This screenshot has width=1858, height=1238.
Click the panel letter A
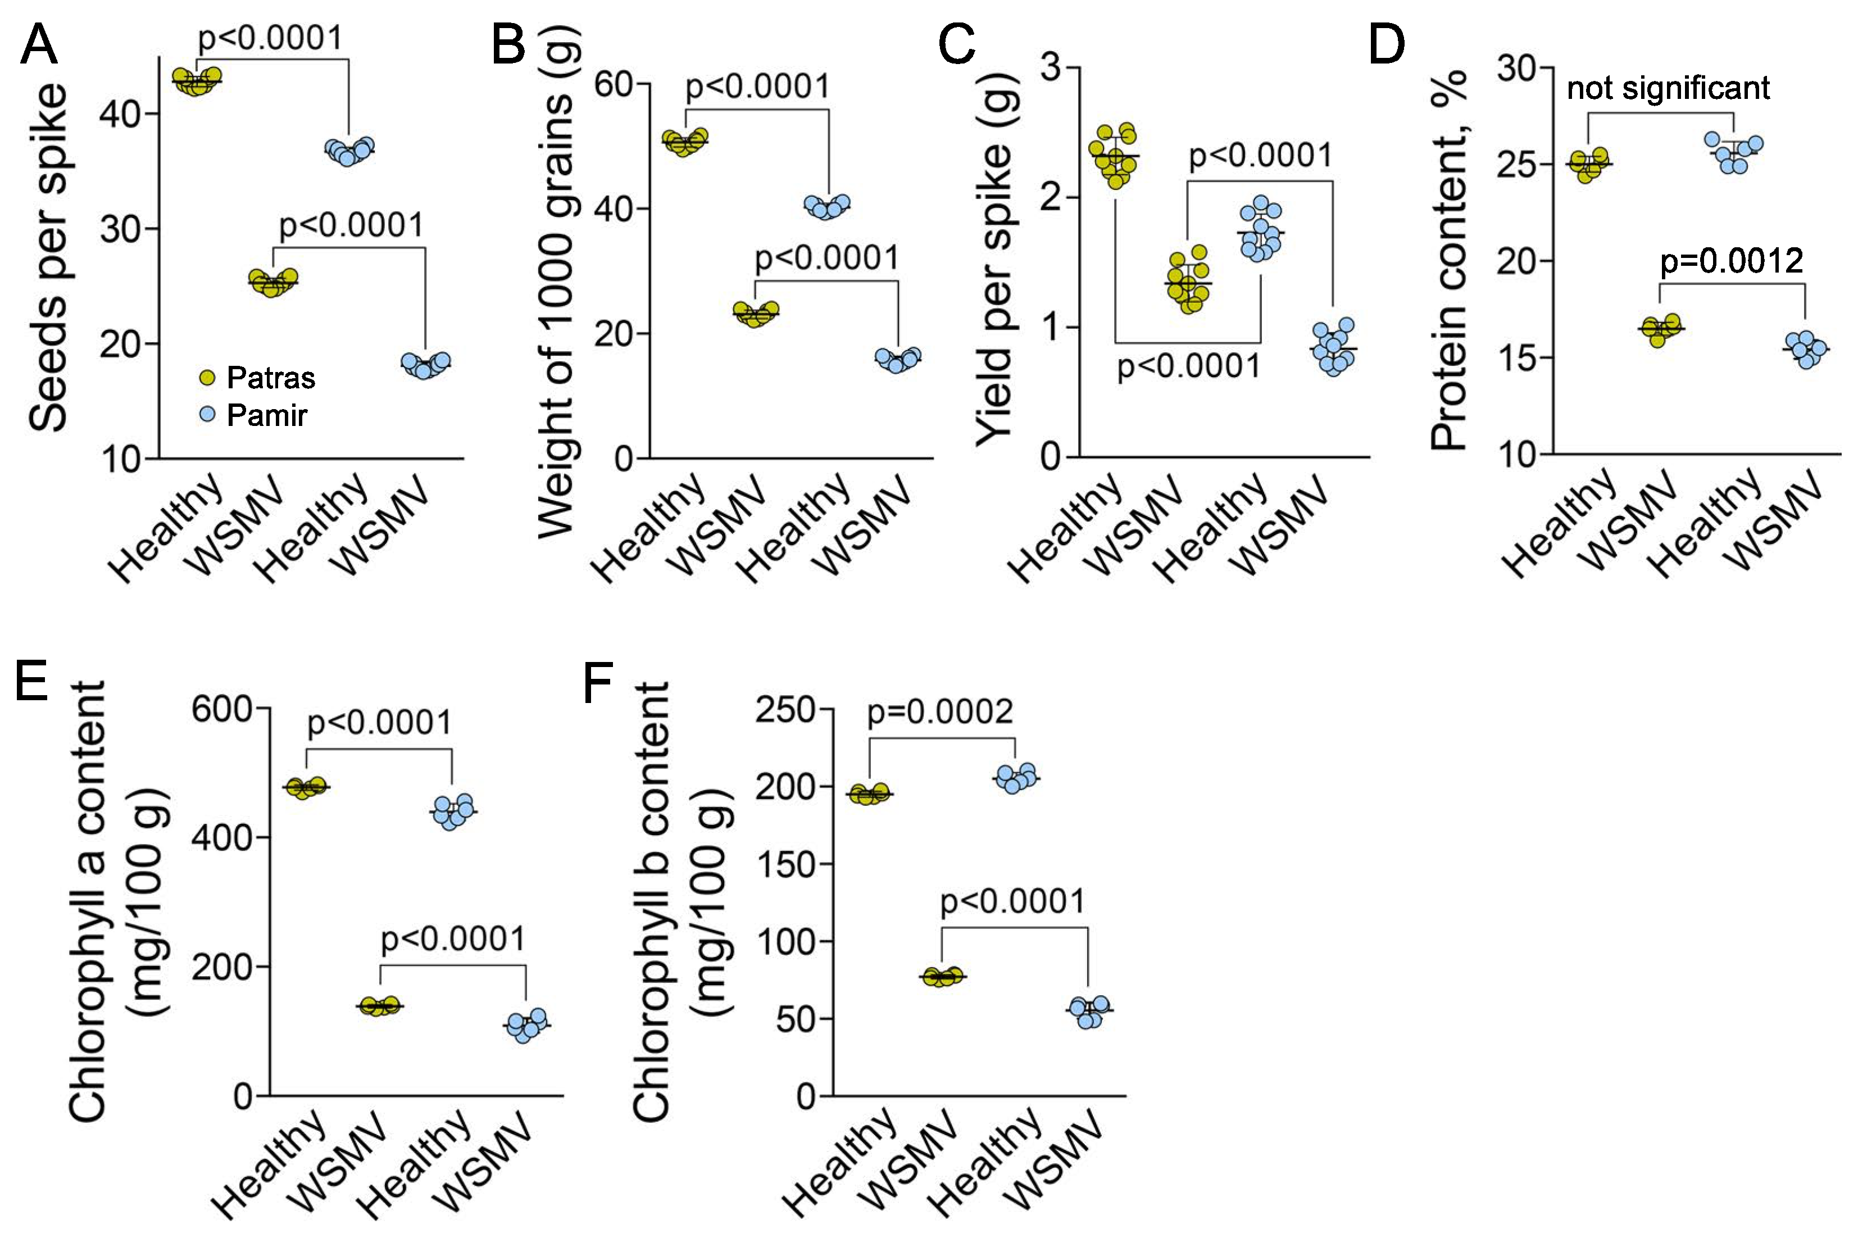[39, 45]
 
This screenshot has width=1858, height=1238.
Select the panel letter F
[597, 684]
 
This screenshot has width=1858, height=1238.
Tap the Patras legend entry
[257, 378]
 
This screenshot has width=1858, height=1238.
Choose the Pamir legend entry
[253, 415]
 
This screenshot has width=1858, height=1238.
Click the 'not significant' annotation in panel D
[1668, 88]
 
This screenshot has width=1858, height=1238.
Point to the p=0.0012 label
[1732, 261]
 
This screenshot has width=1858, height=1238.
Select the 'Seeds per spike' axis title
[49, 257]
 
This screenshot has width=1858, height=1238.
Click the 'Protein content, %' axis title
[1448, 261]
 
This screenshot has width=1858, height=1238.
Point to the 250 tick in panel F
[785, 710]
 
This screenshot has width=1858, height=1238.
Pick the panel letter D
[1386, 45]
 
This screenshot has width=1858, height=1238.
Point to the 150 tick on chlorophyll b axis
[785, 864]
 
